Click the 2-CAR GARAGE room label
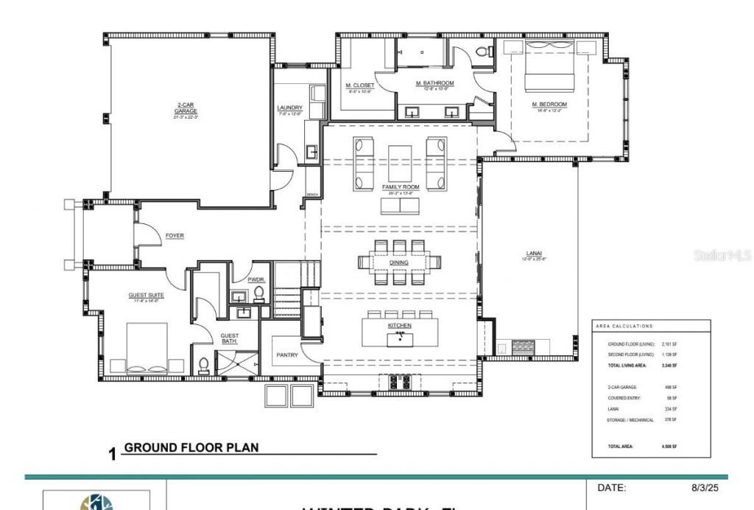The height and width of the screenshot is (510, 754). [x=186, y=108]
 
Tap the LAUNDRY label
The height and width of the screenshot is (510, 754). [x=289, y=108]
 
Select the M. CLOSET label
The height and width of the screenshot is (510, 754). [x=359, y=85]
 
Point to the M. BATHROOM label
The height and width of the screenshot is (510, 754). [x=434, y=83]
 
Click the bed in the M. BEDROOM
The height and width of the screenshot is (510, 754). [x=549, y=66]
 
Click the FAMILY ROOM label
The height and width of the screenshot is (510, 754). [x=401, y=187]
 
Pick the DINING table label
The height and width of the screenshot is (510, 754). [x=399, y=262]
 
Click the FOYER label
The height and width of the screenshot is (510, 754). [x=175, y=236]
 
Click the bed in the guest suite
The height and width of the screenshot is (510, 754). [x=147, y=350]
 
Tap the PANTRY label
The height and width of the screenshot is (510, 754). [x=286, y=355]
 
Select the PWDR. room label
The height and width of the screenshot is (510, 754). [x=256, y=280]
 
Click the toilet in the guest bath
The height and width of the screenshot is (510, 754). [x=204, y=365]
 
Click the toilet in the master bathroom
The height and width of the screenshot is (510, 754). [x=483, y=52]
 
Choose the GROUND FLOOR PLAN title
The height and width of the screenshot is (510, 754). [x=191, y=447]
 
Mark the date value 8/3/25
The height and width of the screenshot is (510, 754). [x=705, y=488]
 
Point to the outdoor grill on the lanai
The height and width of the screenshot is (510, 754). [x=524, y=346]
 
